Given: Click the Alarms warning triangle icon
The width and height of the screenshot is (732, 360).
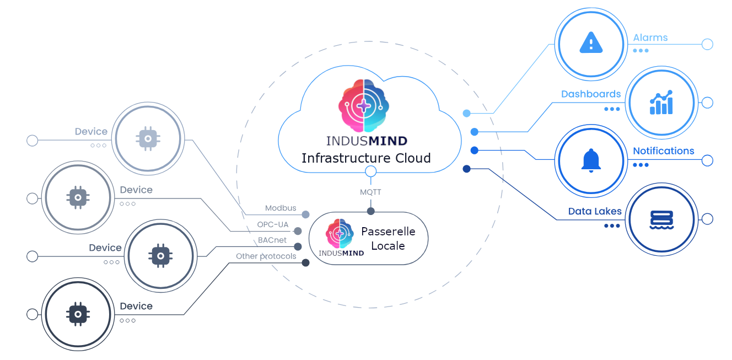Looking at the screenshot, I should click(x=591, y=42).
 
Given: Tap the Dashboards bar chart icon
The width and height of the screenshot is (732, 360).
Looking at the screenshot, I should click(x=661, y=103).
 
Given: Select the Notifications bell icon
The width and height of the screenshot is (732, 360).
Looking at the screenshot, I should click(x=591, y=160).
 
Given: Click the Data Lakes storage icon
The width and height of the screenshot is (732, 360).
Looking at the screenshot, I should click(x=661, y=219).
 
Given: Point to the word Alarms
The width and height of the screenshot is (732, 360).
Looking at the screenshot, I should click(x=650, y=37).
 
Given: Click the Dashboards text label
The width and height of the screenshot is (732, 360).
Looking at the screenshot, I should click(x=591, y=94).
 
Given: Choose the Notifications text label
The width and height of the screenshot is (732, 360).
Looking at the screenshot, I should click(x=663, y=151).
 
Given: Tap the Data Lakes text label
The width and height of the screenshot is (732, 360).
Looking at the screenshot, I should click(x=595, y=211).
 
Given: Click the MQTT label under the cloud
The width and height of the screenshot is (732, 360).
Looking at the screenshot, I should click(x=370, y=192).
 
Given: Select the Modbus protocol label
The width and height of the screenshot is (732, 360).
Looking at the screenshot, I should click(x=281, y=208).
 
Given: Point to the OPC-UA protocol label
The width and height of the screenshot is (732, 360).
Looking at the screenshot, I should click(x=273, y=224).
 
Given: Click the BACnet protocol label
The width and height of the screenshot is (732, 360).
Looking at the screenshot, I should click(x=272, y=240).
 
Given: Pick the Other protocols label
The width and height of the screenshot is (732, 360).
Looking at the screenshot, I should click(x=266, y=256).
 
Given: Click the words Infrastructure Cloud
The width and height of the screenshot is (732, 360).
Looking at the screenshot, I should click(x=366, y=158).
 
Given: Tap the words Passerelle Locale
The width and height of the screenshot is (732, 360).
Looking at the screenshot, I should click(x=388, y=239).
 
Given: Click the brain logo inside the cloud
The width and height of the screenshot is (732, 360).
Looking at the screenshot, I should click(x=364, y=105).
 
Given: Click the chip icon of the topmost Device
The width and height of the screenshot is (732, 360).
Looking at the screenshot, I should click(x=148, y=138).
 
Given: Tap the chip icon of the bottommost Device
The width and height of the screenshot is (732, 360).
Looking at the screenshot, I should click(x=78, y=314).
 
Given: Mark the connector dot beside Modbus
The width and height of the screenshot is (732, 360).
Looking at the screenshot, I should click(x=305, y=214).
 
